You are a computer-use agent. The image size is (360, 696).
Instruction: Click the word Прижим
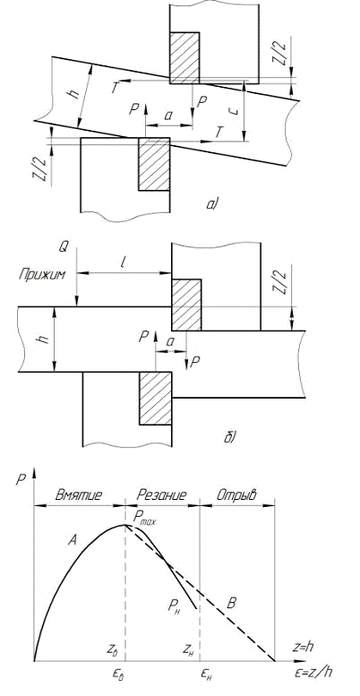(42, 275)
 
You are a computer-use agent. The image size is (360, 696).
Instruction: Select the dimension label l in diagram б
(123, 262)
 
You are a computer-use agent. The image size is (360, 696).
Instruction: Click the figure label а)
(211, 203)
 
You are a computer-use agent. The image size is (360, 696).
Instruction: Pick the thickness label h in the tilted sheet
(74, 94)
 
